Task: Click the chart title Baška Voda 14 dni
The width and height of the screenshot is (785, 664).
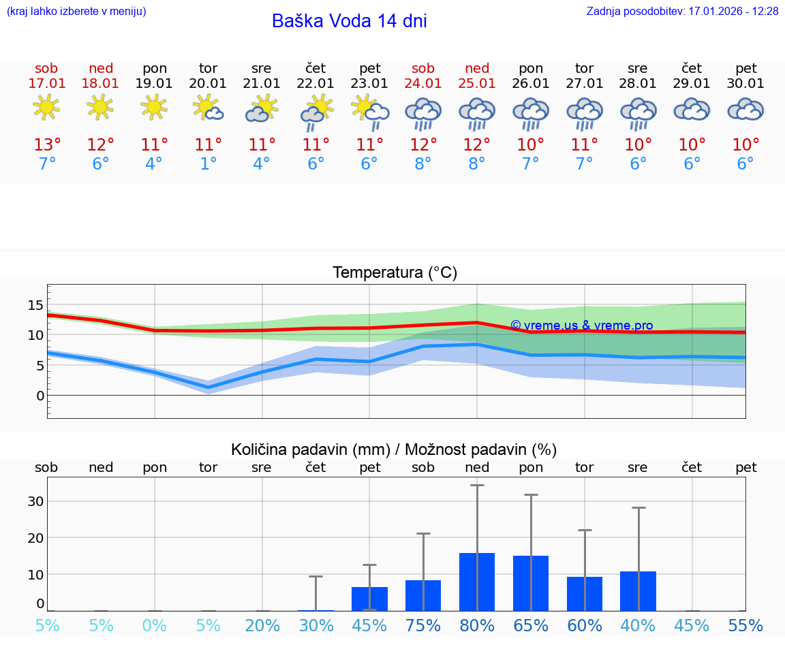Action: click(349, 21)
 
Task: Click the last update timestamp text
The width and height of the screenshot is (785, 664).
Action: click(682, 12)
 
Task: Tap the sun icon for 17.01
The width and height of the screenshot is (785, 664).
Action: click(46, 108)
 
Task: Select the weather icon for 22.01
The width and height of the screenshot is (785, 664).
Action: click(316, 112)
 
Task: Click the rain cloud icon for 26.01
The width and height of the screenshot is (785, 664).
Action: click(531, 112)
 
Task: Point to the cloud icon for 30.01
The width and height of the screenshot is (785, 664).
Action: click(745, 109)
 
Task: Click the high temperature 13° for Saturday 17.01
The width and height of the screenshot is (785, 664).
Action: click(47, 145)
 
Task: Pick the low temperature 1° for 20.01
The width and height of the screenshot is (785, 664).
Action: click(208, 164)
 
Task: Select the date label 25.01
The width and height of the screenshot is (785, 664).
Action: click(477, 84)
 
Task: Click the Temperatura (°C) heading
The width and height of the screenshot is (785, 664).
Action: click(395, 273)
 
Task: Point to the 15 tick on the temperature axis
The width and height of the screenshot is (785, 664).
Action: click(35, 305)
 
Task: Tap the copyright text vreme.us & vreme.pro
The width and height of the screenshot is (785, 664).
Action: click(581, 326)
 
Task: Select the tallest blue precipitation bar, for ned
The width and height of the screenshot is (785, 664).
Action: click(477, 582)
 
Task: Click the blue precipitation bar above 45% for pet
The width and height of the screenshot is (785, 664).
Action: click(369, 599)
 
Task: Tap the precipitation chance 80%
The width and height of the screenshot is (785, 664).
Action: click(477, 626)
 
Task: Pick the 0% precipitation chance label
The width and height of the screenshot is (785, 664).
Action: click(155, 626)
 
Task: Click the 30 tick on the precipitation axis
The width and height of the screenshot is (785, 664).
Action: click(35, 501)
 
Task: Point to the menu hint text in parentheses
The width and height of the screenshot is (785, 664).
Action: click(76, 12)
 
